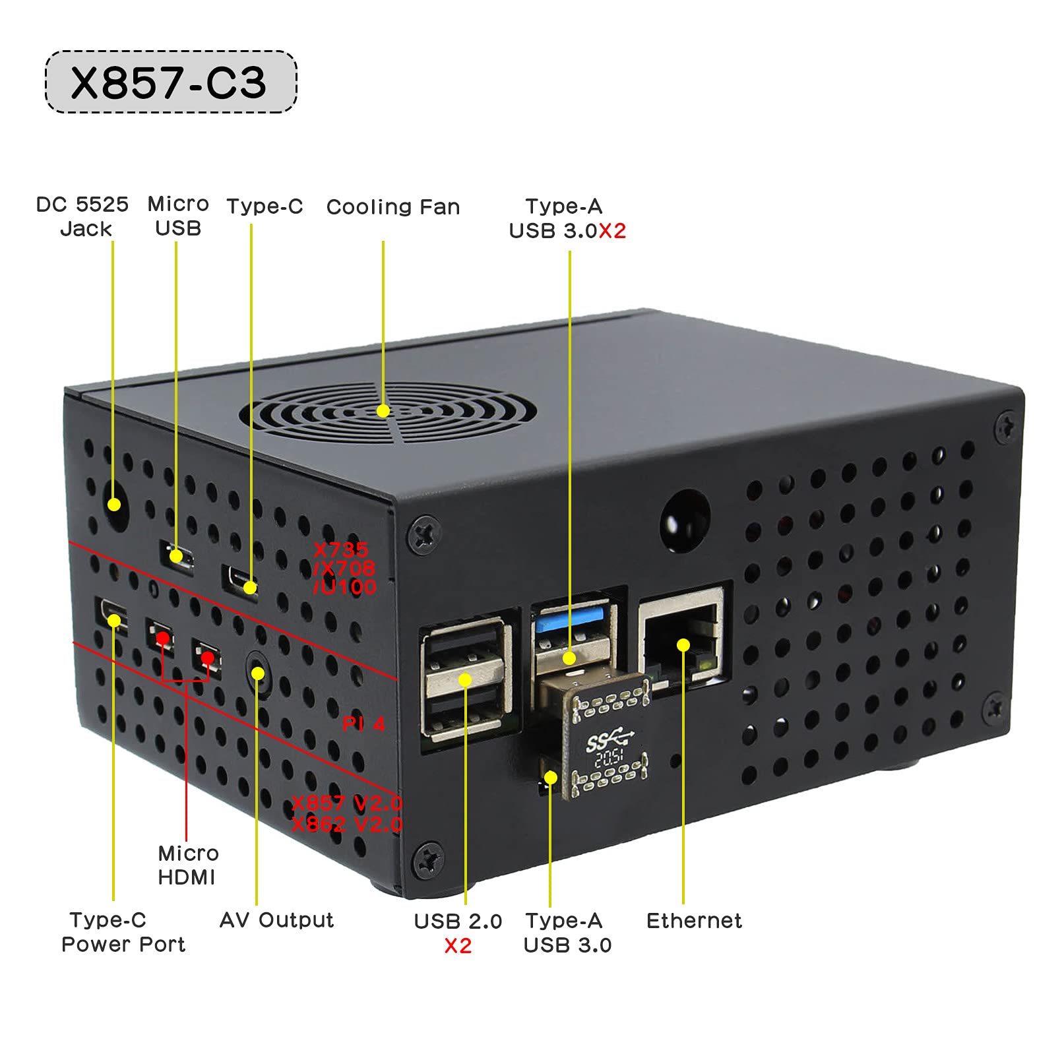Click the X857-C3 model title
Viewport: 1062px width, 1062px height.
point(169,83)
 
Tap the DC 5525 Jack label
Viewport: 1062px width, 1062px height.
point(82,216)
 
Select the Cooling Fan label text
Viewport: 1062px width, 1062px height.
point(393,207)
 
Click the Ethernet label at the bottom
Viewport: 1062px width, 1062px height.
point(694,921)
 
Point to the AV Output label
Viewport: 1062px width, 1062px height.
point(276,920)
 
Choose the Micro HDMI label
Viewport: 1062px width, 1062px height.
point(188,865)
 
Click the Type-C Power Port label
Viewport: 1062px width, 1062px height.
point(123,932)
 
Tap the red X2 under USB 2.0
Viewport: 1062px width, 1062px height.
point(458,946)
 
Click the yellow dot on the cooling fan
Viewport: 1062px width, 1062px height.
point(383,411)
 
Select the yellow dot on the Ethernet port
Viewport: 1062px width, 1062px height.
point(683,645)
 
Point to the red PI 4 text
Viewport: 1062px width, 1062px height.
point(363,724)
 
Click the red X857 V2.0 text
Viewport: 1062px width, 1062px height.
point(347,803)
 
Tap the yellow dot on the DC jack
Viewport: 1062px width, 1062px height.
point(114,505)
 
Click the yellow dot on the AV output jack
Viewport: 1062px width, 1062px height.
point(258,673)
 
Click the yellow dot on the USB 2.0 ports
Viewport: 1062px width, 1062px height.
point(465,679)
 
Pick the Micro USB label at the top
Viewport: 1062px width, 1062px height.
point(178,216)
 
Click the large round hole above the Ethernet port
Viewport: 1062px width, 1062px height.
point(685,520)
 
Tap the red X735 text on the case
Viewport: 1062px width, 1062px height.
point(341,549)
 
